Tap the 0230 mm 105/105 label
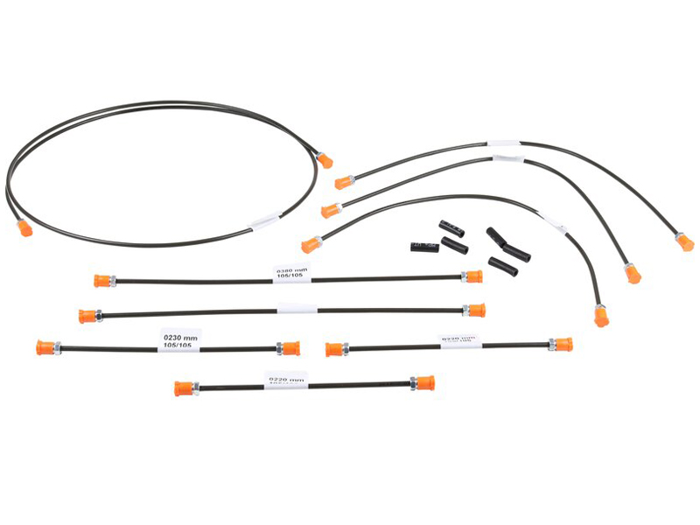pos(180,339)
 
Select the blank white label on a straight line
pos(297,309)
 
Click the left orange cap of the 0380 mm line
pos(103,281)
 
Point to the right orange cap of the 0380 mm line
pos(473,276)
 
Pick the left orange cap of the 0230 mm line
pos(45,347)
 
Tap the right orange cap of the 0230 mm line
pos(290,348)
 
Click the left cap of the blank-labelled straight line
pos(87,316)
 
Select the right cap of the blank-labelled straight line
pos(475,311)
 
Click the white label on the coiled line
pos(263,223)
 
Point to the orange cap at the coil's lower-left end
pos(24,228)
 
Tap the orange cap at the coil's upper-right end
pos(325,160)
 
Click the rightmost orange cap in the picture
pos(685,241)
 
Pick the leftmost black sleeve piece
pos(423,246)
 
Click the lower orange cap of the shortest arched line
pos(601,316)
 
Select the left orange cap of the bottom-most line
pos(184,388)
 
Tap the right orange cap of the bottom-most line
pos(424,383)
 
